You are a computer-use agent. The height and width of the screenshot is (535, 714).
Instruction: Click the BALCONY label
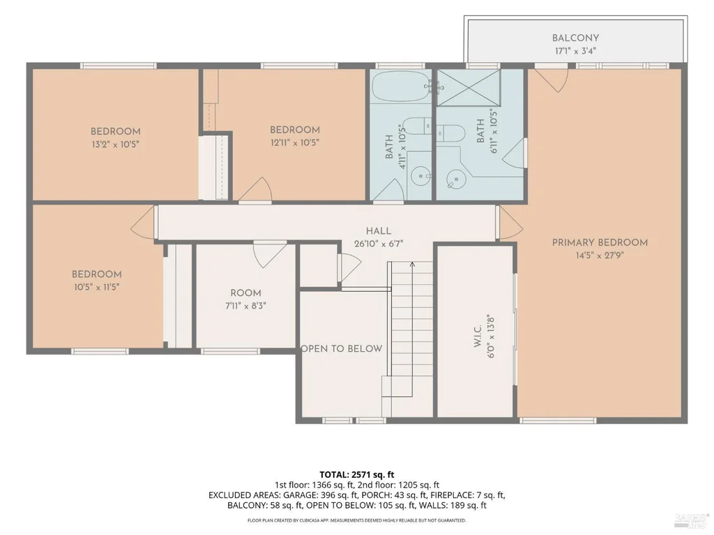575,38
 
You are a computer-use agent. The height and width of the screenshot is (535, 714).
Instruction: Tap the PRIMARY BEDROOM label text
600,242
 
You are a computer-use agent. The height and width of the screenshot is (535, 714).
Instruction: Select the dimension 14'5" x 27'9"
600,256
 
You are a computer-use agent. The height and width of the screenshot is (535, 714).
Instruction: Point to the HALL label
379,231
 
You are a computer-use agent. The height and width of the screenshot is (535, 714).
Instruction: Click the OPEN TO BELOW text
342,348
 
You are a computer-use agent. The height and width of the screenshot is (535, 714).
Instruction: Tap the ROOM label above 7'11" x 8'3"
246,293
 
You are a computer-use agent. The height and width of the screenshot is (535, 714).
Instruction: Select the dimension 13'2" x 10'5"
115,145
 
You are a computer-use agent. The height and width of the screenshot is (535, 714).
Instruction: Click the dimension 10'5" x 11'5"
96,287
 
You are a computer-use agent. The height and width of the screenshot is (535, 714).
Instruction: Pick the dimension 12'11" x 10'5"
295,143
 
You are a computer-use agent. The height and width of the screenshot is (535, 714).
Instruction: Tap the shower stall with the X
469,87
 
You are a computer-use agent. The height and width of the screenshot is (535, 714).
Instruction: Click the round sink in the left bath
419,175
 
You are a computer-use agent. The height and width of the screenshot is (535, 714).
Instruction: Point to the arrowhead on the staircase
412,264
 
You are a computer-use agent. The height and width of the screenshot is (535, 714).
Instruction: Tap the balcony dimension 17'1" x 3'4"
575,51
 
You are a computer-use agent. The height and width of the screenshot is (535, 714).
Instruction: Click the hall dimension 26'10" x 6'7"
379,244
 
